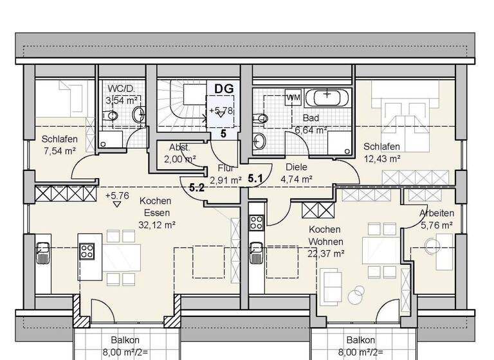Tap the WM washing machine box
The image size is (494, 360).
[x=293, y=97]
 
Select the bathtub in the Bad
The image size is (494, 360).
[x=328, y=98]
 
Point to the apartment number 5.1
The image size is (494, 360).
[x=255, y=179]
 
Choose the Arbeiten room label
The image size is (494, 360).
[x=437, y=213]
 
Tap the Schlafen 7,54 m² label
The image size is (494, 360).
[x=60, y=145]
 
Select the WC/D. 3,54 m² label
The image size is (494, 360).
[x=123, y=94]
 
